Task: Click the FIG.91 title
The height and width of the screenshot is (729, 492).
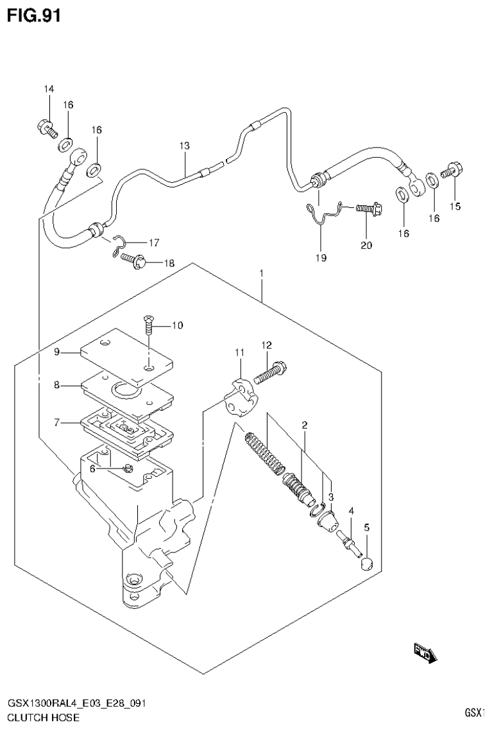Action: [33, 15]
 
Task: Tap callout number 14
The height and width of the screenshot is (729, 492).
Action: [49, 89]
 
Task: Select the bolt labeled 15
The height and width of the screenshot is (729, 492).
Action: [454, 171]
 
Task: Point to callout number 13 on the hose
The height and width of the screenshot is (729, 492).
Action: [184, 146]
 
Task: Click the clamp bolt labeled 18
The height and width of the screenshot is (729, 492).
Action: [135, 261]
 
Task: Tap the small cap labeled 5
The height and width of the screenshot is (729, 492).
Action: [366, 564]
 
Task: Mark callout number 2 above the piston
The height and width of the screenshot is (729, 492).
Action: [305, 425]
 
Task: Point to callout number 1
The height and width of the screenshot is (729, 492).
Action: [262, 274]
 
